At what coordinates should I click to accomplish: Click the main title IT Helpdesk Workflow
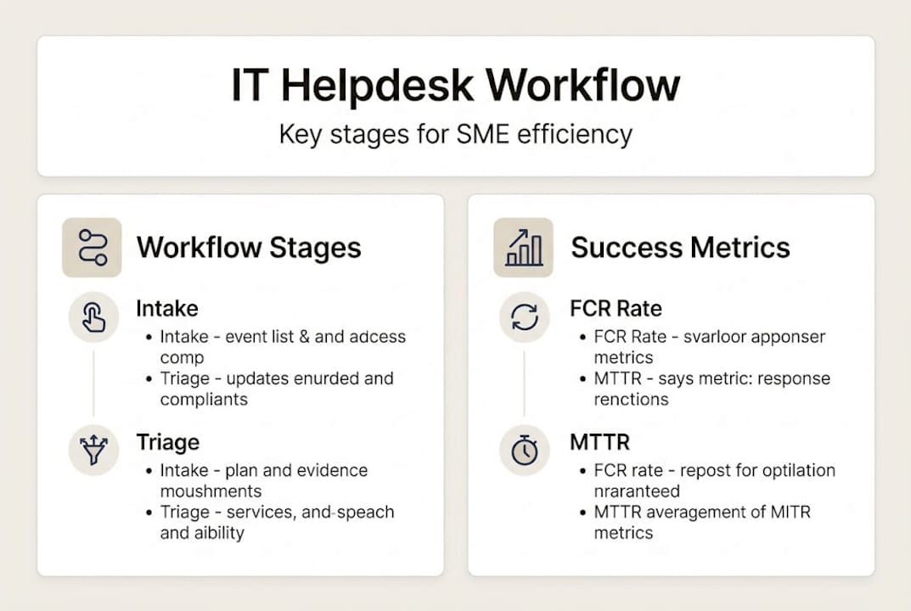pos(455,86)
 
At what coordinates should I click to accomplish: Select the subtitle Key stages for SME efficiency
pos(455,134)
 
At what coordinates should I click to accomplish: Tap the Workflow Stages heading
pos(249,248)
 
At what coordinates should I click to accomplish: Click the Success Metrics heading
pos(680,248)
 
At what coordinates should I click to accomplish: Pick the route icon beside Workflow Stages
pos(92,248)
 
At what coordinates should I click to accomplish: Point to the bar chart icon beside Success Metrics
pos(523,248)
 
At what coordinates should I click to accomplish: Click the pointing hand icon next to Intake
pos(93,317)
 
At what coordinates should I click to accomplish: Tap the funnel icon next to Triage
pos(93,451)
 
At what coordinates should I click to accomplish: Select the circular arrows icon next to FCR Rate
pos(524,317)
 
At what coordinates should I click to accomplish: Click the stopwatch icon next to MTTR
pos(524,451)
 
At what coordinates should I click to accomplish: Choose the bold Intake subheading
pos(166,308)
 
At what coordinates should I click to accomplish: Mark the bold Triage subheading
pos(168,442)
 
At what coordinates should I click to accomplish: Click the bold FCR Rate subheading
pos(616,308)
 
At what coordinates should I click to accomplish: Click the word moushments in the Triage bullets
pos(211,491)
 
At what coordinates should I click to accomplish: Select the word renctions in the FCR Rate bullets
pos(631,399)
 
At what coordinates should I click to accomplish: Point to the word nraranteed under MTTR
pos(637,491)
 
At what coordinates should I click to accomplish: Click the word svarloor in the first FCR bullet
pos(706,337)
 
